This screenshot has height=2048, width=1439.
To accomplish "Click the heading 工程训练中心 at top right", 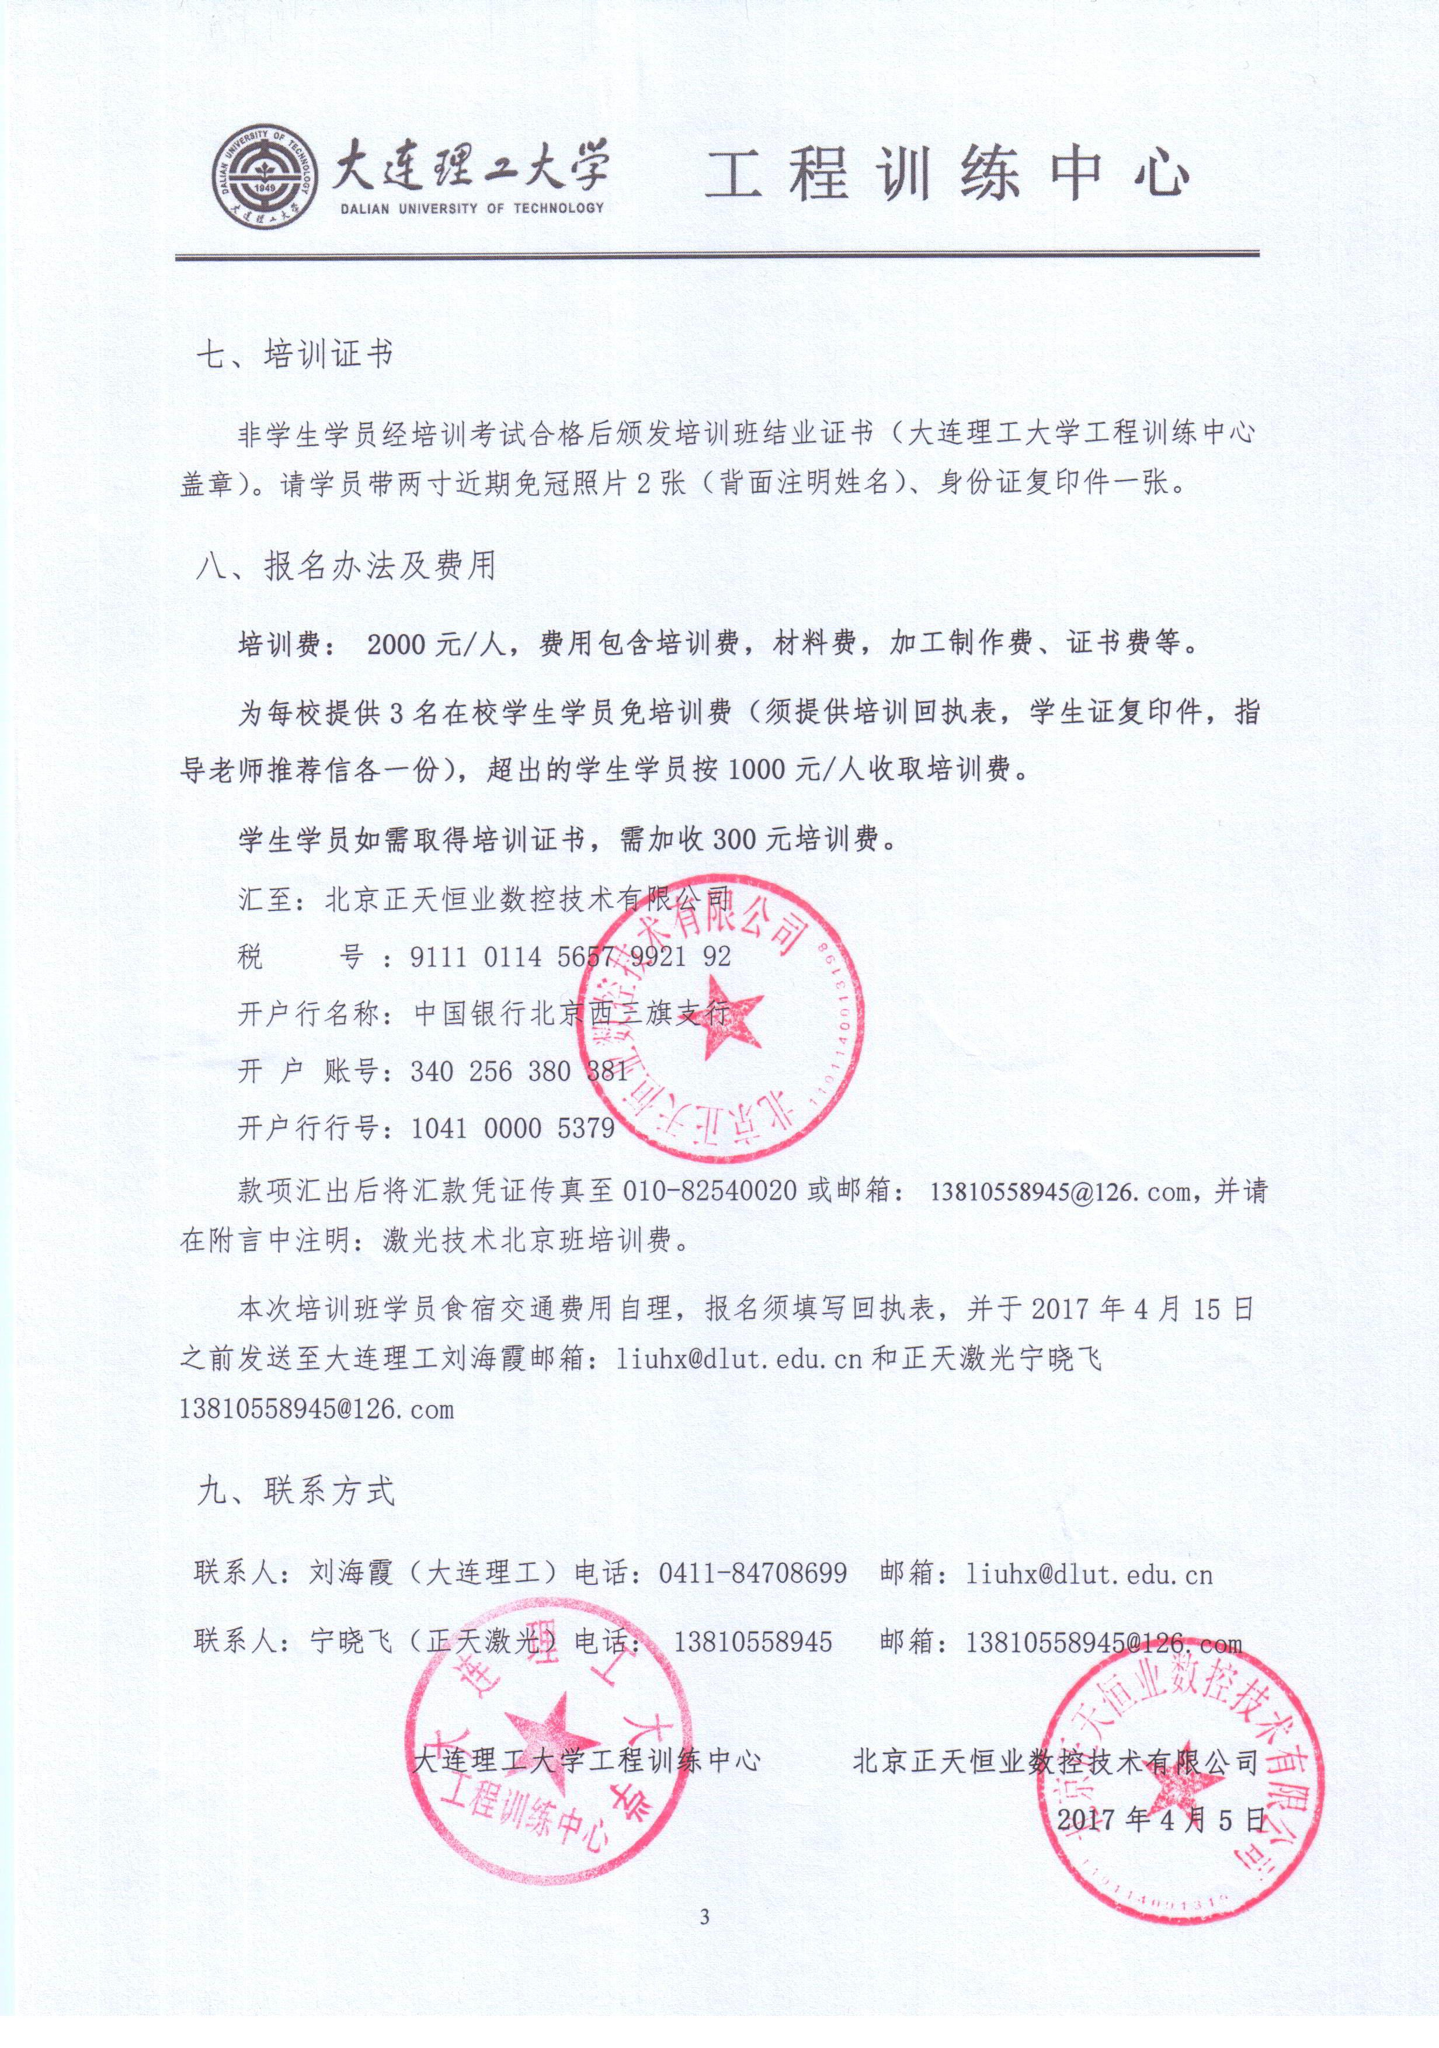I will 947,174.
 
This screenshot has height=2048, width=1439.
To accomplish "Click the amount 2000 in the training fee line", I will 395,644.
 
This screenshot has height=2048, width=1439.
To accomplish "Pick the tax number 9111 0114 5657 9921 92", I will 570,957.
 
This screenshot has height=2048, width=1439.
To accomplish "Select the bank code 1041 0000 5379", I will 512,1128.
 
